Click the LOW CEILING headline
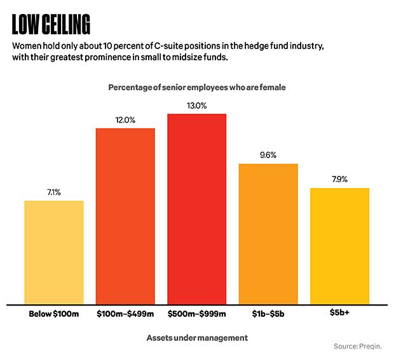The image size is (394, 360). pos(51,24)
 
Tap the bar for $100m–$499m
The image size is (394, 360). pos(125,216)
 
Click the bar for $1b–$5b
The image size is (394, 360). pos(268,233)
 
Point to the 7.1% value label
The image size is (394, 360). pos(54,192)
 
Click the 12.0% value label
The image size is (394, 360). pos(125,119)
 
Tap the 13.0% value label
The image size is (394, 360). pos(197,105)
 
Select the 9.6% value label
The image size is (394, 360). pos(268,155)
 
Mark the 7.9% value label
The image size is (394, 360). pos(339,179)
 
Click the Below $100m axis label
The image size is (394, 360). pos(54,314)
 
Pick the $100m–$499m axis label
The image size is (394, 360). pos(125,314)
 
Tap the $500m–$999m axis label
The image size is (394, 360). pos(197,314)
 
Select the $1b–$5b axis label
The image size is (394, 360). pos(268,314)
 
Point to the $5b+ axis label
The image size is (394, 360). pos(339,313)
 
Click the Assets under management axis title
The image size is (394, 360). pos(196,338)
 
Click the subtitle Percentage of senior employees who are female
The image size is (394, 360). pos(197,87)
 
